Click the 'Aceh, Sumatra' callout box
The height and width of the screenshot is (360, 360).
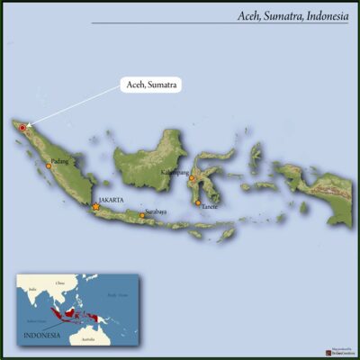point(150,85)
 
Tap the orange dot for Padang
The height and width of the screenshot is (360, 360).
point(49,166)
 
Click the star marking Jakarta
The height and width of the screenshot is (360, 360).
point(95,207)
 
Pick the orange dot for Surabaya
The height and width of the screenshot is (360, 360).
point(141,215)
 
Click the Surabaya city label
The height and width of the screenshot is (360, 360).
point(156,211)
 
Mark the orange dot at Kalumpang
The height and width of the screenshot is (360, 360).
point(191,178)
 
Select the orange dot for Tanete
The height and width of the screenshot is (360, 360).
point(198,202)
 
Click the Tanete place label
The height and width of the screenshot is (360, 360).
point(210,207)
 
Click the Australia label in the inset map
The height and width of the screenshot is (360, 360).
point(87,339)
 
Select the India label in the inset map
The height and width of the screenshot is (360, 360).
point(32,289)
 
